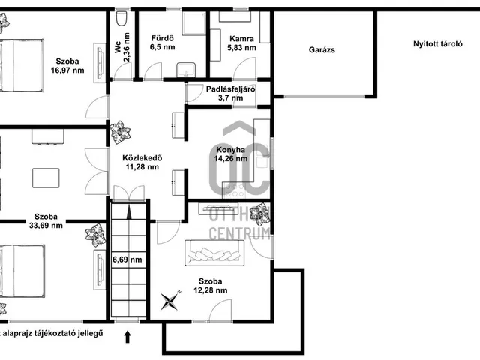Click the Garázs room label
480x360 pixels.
coord(322,50)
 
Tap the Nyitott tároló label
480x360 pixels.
coord(438,43)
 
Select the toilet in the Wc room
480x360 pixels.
coord(121,18)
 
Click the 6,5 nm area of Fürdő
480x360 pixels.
coord(163,47)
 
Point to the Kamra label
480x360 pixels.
coord(241,39)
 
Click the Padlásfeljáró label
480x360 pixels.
coord(231,89)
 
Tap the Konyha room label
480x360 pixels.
coord(230,150)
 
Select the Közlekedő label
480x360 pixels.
coord(142,158)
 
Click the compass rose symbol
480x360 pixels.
coord(171,300)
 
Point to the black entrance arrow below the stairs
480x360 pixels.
coord(127,337)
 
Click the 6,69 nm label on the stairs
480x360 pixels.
coord(127,259)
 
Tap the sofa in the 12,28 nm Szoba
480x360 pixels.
coord(214,253)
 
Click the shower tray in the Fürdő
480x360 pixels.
coord(194,23)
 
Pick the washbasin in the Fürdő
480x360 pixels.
coord(186,70)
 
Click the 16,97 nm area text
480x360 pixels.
coord(67,70)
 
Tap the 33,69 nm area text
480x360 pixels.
coord(46,226)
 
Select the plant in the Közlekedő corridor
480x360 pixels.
coord(120,132)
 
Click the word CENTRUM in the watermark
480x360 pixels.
coord(239,233)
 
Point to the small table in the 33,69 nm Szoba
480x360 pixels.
coord(46,178)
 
